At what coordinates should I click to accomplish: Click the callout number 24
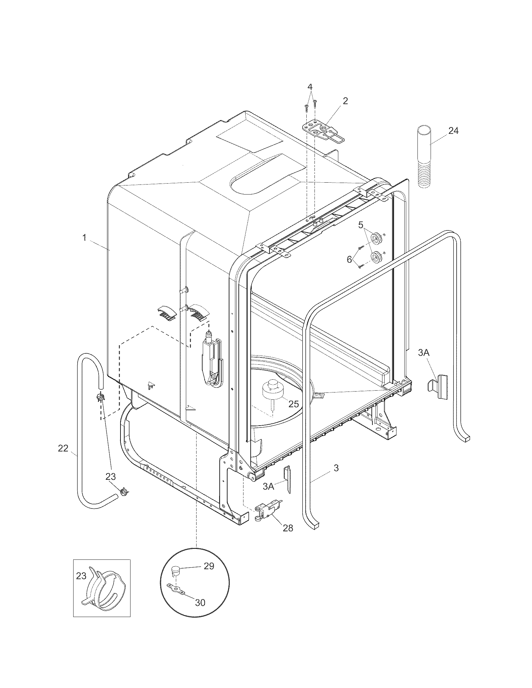pos(453,131)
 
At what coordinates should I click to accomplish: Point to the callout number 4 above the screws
pos(310,87)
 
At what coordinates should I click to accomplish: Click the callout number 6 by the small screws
pos(349,259)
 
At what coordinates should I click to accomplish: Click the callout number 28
pos(288,528)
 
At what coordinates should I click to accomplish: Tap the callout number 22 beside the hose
pos(63,448)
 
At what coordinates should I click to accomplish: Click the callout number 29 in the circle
pos(209,566)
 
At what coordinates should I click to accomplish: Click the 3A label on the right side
pos(424,353)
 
